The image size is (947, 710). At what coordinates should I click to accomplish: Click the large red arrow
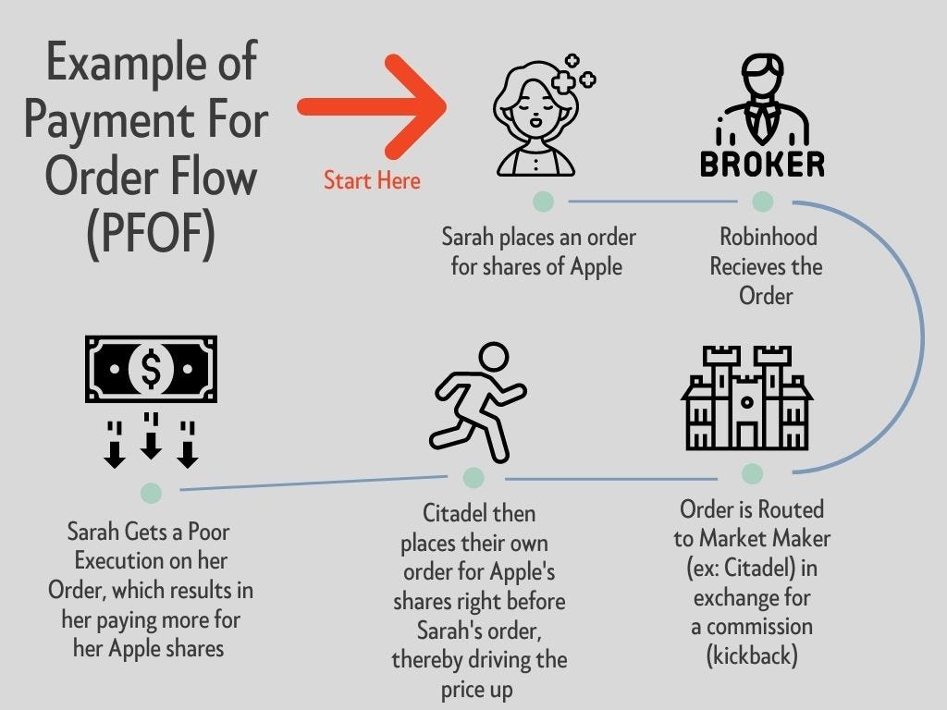coord(372,107)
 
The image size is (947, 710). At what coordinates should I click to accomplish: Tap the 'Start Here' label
coord(372,180)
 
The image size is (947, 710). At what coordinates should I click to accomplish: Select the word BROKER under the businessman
coord(763,165)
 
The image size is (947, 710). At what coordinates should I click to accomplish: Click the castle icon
coord(747,398)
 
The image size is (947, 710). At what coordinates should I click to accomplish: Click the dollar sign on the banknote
coord(151,368)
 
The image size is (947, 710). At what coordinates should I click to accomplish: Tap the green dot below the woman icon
coord(544,202)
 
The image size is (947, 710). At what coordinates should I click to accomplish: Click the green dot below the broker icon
coord(763,202)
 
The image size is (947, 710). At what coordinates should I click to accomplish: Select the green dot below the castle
coord(752,474)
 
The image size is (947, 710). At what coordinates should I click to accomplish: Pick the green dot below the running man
coord(473,478)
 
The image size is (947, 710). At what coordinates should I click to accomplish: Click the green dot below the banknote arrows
coord(151,494)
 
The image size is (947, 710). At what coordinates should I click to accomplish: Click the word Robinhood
coord(769,237)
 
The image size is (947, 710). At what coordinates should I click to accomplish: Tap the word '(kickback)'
coord(752,655)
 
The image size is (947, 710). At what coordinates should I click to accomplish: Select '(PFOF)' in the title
coord(151,233)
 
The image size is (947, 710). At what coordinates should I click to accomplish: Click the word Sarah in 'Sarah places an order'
coord(467,237)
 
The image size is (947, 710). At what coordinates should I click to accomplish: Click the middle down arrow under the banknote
coord(151,436)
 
